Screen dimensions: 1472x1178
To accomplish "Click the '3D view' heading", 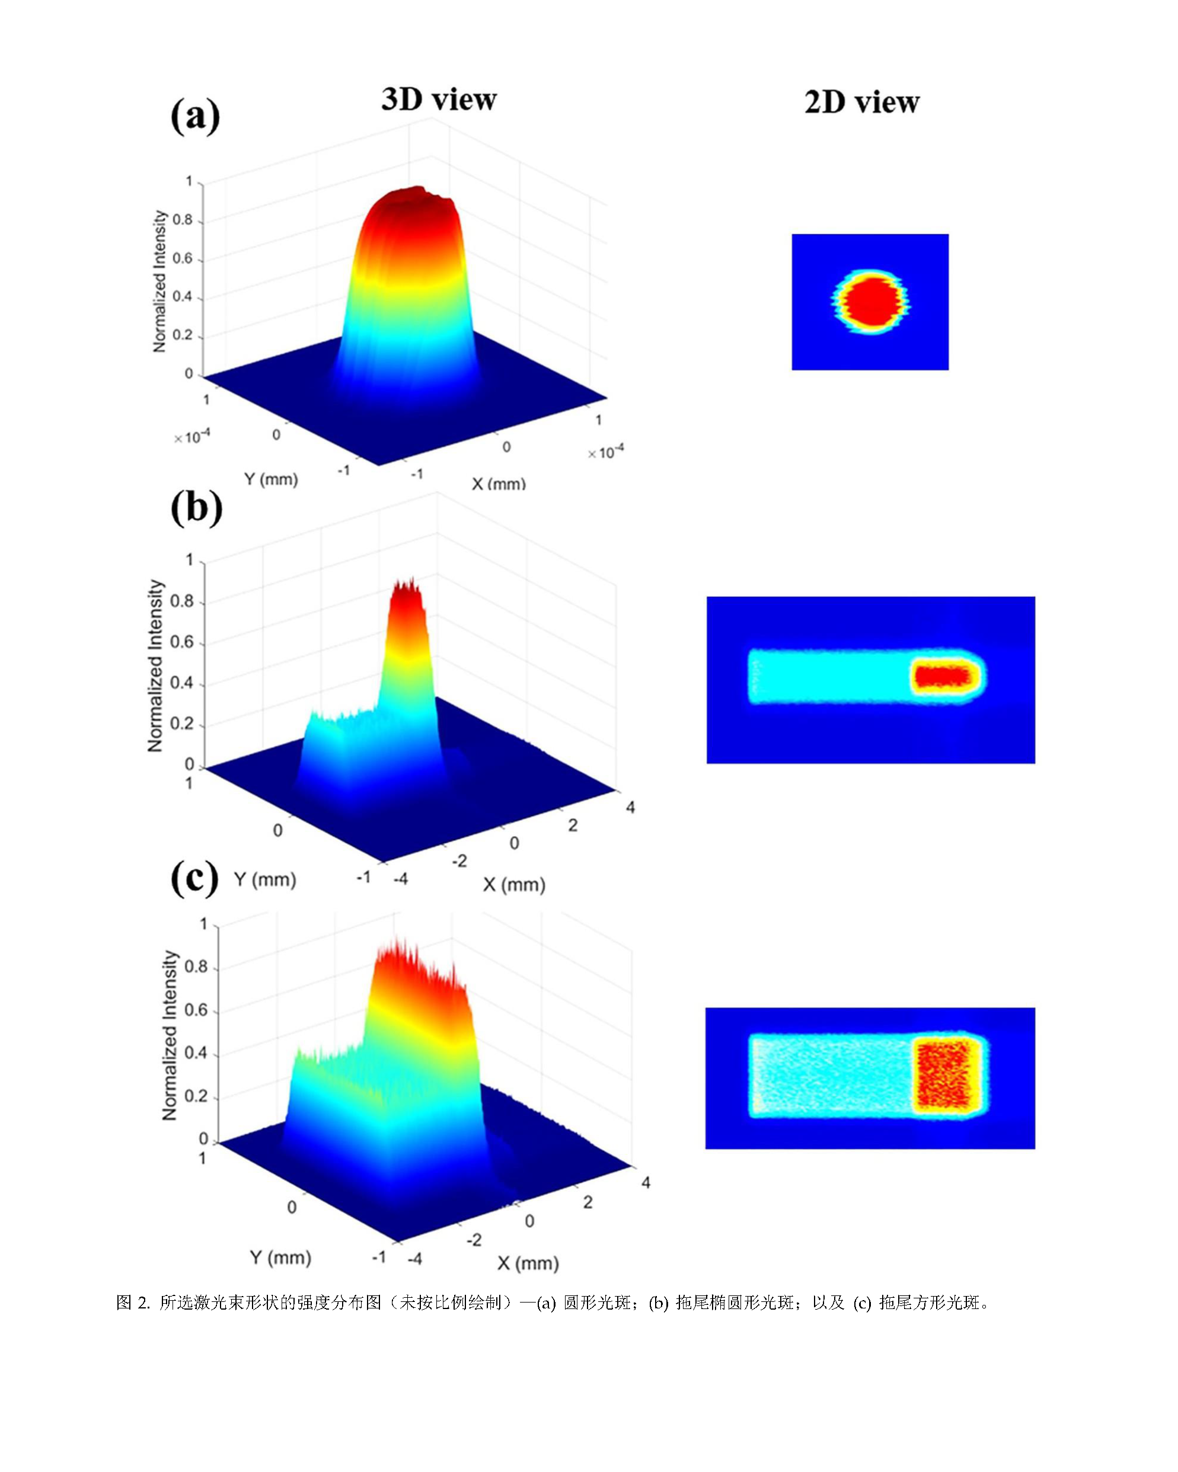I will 439,100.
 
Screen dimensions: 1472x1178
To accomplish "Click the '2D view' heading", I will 862,103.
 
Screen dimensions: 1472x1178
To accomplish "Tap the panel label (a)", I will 195,116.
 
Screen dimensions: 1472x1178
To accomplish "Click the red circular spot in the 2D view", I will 869,302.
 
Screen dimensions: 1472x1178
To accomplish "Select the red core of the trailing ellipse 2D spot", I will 943,677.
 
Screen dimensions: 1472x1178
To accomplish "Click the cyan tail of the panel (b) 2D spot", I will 830,677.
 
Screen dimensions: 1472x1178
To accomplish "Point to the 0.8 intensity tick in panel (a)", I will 183,220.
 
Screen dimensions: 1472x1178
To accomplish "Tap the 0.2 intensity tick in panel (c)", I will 196,1096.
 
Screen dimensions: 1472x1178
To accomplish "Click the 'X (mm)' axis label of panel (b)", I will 514,885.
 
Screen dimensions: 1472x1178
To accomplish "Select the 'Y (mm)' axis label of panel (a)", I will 271,479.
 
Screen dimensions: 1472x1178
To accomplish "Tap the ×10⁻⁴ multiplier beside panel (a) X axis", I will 606,452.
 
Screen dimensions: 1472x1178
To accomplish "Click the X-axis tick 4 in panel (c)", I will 646,1182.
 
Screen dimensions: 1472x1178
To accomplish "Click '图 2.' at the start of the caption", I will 133,1303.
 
